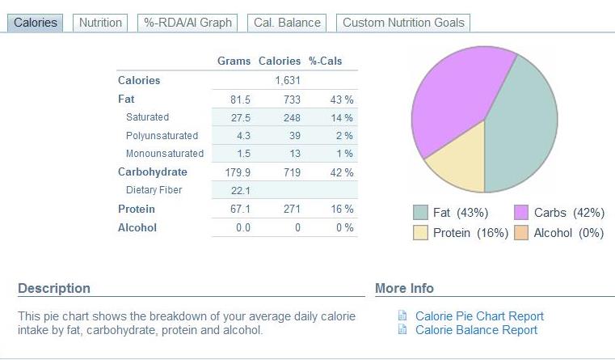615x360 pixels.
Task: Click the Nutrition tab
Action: pyautogui.click(x=100, y=23)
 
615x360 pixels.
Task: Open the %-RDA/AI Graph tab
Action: pyautogui.click(x=188, y=23)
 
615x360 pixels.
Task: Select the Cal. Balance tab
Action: pyautogui.click(x=287, y=23)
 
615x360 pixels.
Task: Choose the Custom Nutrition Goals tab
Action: pyautogui.click(x=403, y=23)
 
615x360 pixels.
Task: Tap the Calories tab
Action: pyautogui.click(x=36, y=23)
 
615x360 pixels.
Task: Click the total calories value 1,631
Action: pyautogui.click(x=287, y=80)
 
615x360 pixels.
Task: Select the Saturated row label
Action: pyautogui.click(x=147, y=117)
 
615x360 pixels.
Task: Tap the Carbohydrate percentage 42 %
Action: pyautogui.click(x=343, y=172)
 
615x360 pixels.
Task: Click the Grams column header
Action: pyautogui.click(x=234, y=61)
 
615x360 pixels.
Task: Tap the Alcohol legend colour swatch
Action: pyautogui.click(x=521, y=233)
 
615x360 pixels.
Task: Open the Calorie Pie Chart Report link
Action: pyautogui.click(x=479, y=316)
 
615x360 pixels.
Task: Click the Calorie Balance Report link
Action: pyautogui.click(x=476, y=329)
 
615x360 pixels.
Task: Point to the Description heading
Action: pyautogui.click(x=54, y=288)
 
